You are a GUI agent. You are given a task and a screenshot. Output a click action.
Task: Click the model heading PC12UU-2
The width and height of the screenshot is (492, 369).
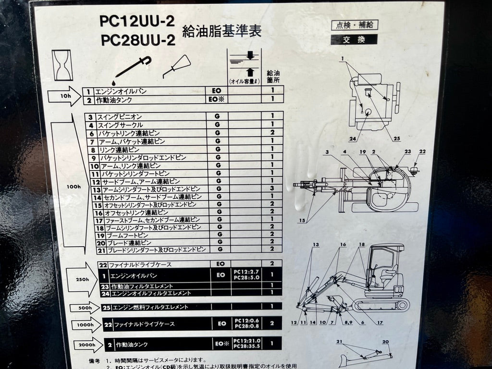pyautogui.click(x=137, y=21)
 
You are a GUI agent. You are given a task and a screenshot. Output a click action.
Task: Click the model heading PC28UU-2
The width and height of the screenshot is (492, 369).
pyautogui.click(x=137, y=40)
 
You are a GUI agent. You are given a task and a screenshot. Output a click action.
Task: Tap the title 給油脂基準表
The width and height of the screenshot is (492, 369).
pyautogui.click(x=221, y=32)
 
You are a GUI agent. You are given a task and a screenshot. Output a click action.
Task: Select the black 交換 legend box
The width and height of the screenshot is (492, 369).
pyautogui.click(x=354, y=40)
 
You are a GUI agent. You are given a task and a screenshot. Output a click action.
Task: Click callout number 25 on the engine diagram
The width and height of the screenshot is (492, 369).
pyautogui.click(x=396, y=139)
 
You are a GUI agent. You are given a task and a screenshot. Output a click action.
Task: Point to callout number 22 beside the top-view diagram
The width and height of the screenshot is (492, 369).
pyautogui.click(x=422, y=152)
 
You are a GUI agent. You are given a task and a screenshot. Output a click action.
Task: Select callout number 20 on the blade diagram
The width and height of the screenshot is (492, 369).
pyautogui.click(x=385, y=342)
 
